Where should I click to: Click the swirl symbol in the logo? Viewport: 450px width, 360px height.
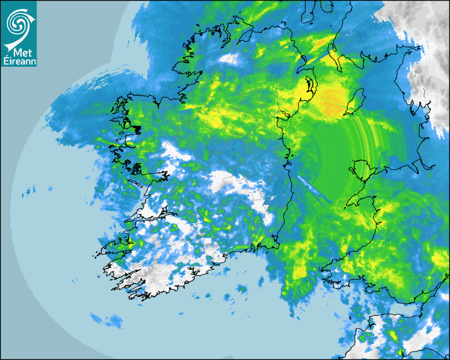pos(18,23)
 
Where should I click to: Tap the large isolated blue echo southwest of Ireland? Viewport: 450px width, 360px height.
pos(106,320)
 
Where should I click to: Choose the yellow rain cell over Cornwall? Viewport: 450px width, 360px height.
pos(392,336)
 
